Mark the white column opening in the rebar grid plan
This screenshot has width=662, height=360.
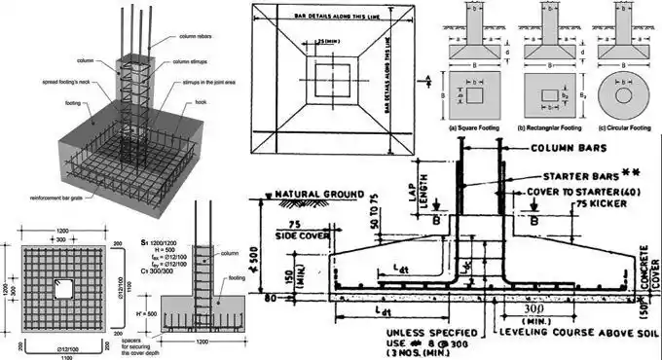[x=65, y=291]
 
